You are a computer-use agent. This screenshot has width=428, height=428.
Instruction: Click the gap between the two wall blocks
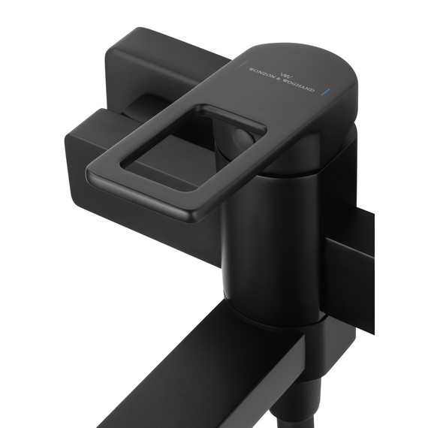[131, 105]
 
